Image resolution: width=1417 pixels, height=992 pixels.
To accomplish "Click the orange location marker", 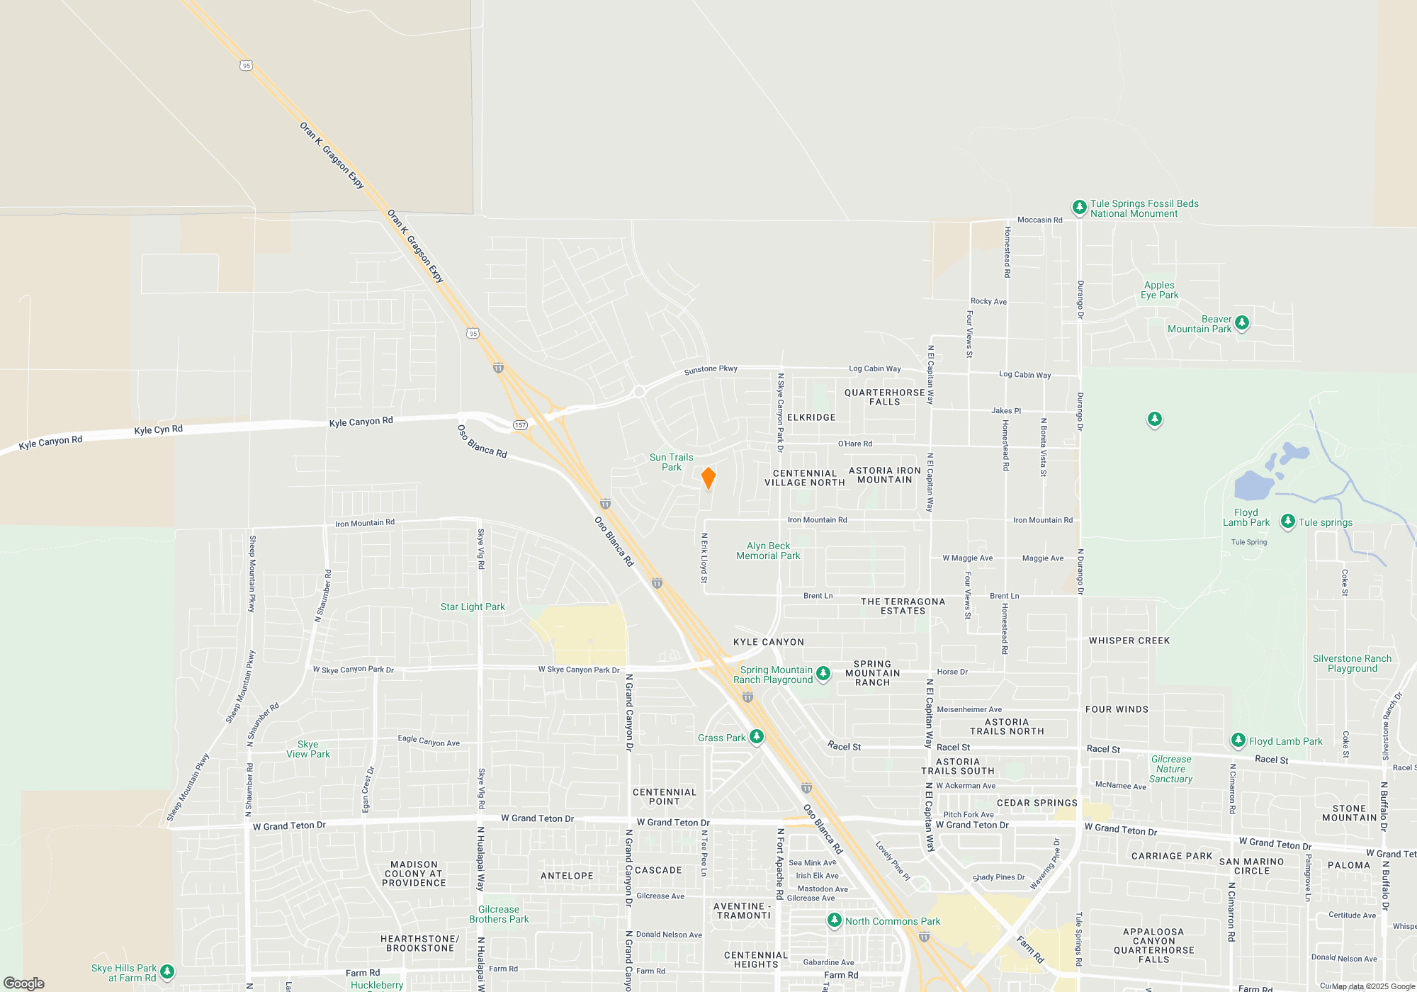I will (x=708, y=478).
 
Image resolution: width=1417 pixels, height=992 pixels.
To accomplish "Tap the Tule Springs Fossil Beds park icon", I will (x=1079, y=208).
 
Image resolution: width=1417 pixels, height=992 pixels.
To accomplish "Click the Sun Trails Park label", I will (x=671, y=462).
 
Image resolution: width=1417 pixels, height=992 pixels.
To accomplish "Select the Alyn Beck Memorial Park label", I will (x=768, y=551).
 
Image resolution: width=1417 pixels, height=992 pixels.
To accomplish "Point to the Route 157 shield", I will (x=521, y=425).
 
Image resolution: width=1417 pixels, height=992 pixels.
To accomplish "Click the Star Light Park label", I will (x=473, y=607).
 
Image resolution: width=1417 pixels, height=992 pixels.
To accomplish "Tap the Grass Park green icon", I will (x=757, y=737).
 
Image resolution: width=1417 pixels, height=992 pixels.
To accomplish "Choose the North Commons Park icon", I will (x=835, y=920).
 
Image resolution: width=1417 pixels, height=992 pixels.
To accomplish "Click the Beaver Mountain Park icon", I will (x=1242, y=323).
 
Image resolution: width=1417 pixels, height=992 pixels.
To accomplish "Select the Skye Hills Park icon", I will (x=167, y=971).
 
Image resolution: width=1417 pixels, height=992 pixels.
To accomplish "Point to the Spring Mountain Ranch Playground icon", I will (x=823, y=673).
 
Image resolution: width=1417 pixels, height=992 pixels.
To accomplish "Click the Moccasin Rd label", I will (x=1039, y=220).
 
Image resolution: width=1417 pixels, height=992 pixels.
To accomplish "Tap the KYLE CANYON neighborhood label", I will (x=769, y=642).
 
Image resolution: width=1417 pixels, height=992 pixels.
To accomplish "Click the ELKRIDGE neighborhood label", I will (x=811, y=417).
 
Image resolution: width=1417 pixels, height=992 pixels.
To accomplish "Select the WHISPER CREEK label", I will (x=1129, y=641).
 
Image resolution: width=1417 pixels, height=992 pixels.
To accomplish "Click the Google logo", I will (x=24, y=983).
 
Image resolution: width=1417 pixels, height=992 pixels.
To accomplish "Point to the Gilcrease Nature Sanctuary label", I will (x=1171, y=769).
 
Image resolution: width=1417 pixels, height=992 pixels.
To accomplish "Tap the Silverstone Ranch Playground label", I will (x=1352, y=663).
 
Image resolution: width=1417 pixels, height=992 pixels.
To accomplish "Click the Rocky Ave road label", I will (x=988, y=301).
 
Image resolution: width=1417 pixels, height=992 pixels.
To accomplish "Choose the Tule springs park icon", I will (x=1287, y=522).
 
